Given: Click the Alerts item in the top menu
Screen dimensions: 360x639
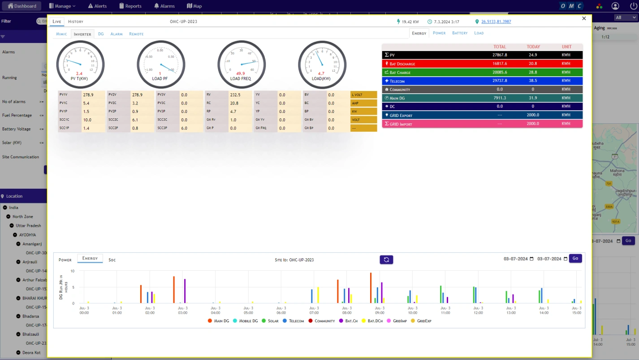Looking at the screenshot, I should click(97, 6).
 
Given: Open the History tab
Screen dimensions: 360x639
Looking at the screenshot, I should click(76, 22).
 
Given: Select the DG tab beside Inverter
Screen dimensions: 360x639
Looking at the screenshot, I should click(101, 34).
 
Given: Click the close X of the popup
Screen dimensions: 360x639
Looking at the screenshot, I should click(584, 18).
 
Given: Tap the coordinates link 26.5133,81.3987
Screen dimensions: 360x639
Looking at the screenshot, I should click(496, 22).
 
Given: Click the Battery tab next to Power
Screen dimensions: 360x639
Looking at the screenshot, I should click(460, 33).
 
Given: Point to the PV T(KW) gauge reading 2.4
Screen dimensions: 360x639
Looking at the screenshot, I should click(79, 74).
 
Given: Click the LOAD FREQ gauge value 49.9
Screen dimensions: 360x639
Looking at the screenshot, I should click(241, 74).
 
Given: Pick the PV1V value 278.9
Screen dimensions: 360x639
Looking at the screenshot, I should click(88, 95).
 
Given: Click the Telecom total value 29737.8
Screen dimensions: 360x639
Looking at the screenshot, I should click(500, 81).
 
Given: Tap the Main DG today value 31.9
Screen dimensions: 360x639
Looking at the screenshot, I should click(533, 98).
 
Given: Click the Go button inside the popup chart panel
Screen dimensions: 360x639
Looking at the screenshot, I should click(575, 259).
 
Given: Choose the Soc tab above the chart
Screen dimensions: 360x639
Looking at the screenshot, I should click(112, 260).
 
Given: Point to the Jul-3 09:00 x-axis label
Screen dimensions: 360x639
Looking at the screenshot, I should click(380, 310).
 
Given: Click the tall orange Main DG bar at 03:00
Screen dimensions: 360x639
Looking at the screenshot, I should click(174, 290).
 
